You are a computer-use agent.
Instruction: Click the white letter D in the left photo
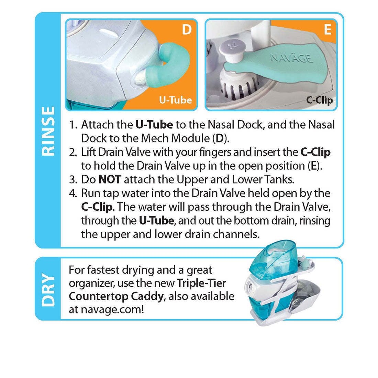point(187,30)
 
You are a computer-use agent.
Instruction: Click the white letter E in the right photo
point(327,30)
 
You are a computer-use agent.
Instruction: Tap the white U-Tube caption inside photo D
point(175,100)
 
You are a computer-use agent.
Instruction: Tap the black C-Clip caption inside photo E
point(319,100)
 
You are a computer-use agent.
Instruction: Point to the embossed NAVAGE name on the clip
point(291,57)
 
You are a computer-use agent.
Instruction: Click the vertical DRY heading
point(48,289)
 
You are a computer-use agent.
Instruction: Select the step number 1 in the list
point(73,125)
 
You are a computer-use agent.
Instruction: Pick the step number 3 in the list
point(73,180)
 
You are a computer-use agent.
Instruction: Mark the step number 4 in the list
point(73,193)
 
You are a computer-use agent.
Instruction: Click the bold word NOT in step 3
point(110,179)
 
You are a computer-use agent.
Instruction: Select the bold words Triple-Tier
point(201,283)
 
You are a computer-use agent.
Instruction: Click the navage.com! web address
point(112,309)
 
